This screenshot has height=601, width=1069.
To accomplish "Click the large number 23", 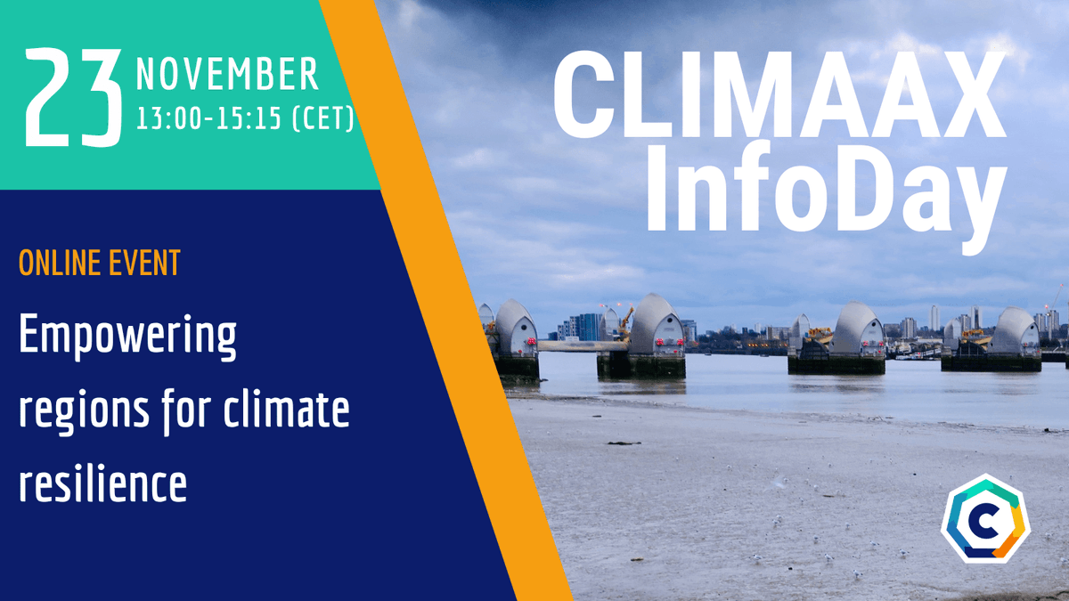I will tap(73, 98).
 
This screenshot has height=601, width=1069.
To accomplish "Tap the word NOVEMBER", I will tap(226, 74).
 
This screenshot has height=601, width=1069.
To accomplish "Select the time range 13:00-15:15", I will tap(208, 118).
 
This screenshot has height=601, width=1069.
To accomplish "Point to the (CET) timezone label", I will tap(322, 118).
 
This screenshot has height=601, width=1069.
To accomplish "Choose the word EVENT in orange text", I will tap(147, 263).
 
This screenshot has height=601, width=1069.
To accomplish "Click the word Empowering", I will tap(127, 339).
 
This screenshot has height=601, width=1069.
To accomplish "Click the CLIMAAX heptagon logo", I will tap(984, 518).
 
